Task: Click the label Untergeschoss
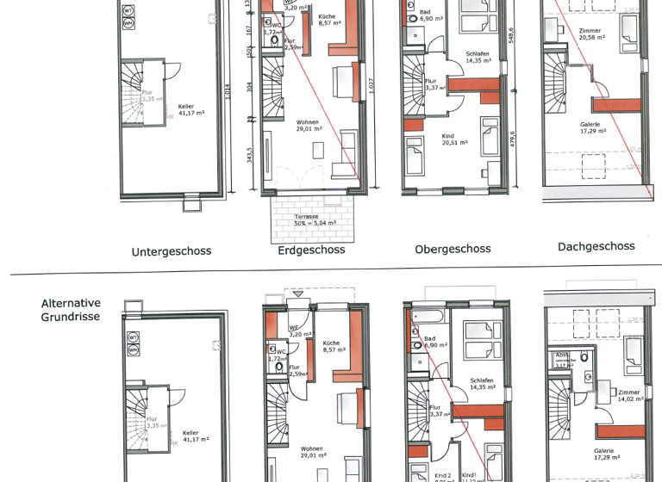(x=172, y=252)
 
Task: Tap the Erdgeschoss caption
(x=311, y=250)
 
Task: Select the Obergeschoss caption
(x=453, y=249)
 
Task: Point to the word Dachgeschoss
(x=596, y=246)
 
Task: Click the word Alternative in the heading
(x=71, y=303)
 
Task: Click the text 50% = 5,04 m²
(x=312, y=222)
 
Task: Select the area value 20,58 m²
(x=592, y=37)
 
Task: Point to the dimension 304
(x=249, y=87)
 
